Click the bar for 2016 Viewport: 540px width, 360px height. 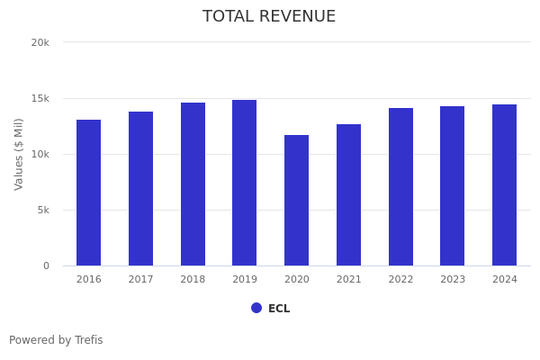88,193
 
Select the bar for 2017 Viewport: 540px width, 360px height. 140,188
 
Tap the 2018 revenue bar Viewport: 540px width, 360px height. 193,184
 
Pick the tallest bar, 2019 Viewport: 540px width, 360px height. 244,183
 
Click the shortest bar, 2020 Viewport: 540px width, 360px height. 296,200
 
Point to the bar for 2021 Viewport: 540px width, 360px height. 348,194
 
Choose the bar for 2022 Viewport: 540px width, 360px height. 400,186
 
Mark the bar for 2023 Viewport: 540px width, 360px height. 452,185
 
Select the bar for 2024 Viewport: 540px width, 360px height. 504,184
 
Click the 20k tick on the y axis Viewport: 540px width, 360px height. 40,42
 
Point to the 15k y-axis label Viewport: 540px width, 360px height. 40,98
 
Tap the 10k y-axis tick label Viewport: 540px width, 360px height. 40,154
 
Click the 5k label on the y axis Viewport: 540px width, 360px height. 42,210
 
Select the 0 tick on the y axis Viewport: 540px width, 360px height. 45,265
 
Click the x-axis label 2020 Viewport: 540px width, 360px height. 296,279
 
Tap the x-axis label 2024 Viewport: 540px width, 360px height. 504,279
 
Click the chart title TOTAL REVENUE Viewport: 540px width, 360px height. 269,16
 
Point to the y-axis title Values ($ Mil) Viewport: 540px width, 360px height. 19,154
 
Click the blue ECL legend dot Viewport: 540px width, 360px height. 256,308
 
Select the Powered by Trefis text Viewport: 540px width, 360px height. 56,340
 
